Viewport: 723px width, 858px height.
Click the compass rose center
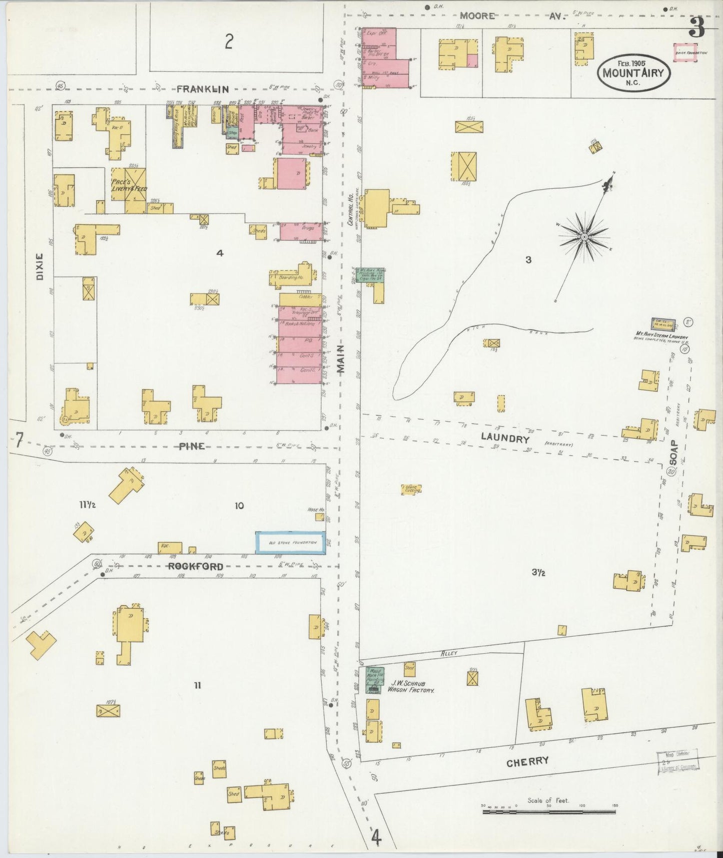coord(584,236)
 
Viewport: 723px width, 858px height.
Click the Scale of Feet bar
coord(549,811)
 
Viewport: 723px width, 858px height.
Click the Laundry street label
coord(505,438)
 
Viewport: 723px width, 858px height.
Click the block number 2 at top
coord(229,42)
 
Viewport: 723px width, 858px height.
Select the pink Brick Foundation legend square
coord(684,52)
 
